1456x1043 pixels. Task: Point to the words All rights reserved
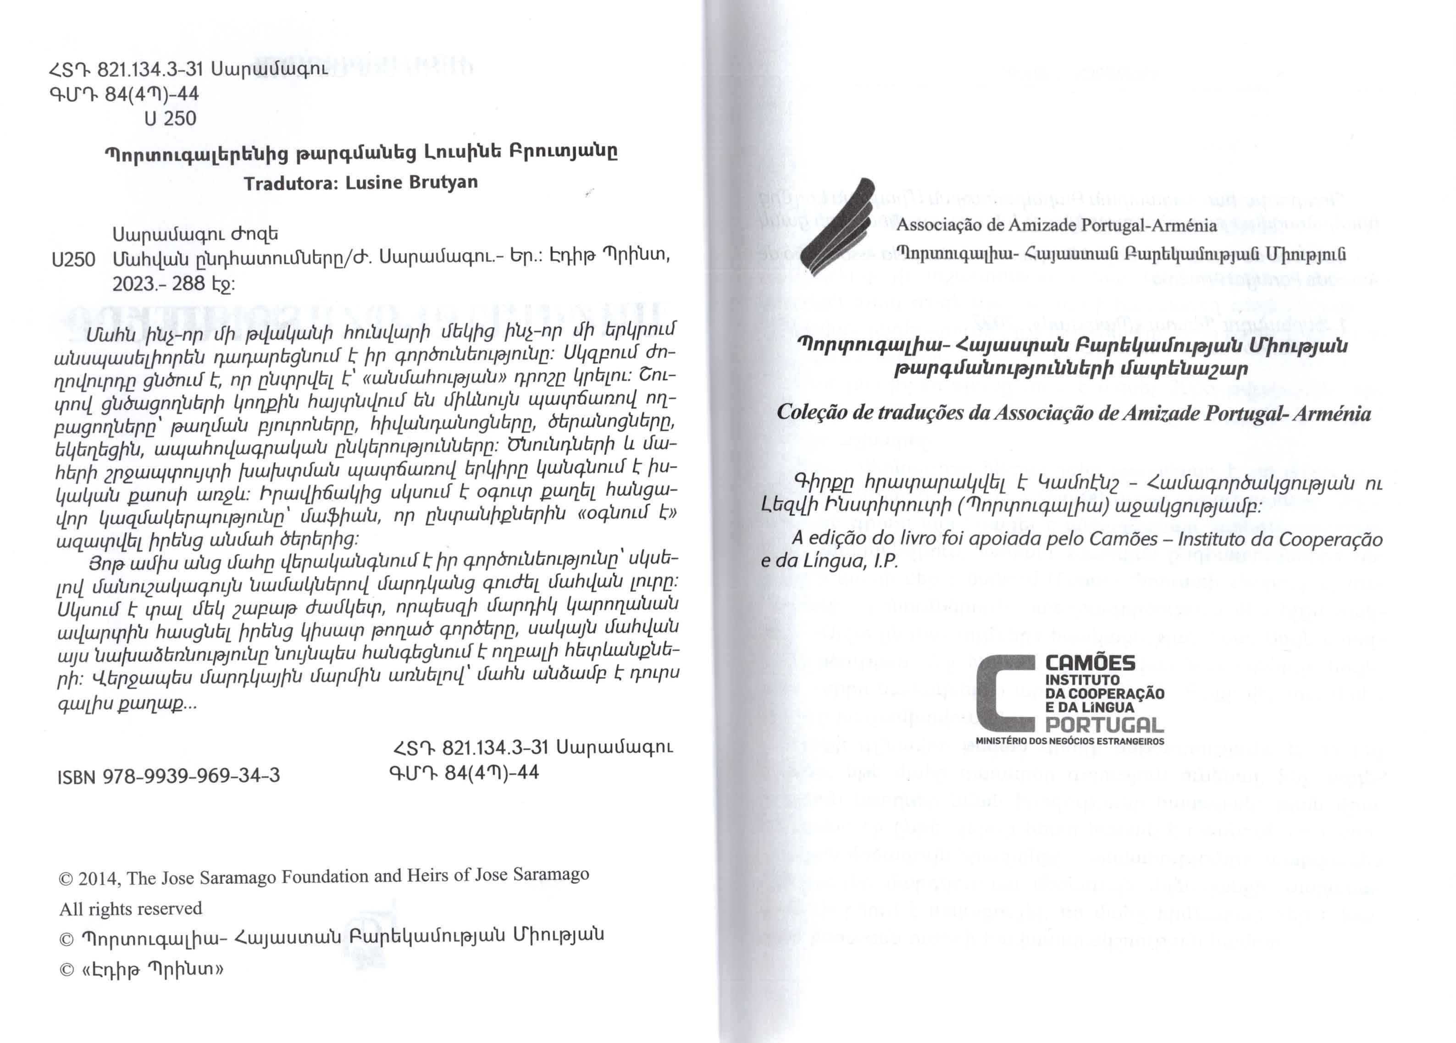[x=131, y=909]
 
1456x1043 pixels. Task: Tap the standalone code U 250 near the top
[x=170, y=119]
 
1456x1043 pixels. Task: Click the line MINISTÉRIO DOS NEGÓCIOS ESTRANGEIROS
[x=1069, y=741]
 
